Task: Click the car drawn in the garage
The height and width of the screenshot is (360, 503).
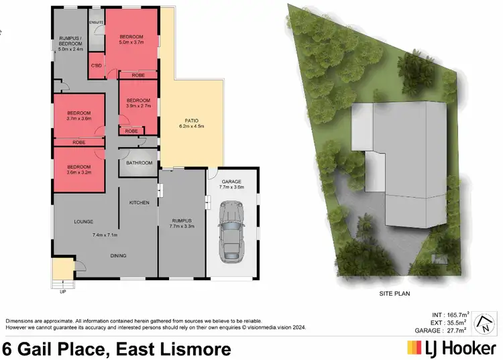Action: [231, 234]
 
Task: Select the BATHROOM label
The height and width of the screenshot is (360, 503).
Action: [139, 163]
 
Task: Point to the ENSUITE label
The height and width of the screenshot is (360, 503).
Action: [97, 22]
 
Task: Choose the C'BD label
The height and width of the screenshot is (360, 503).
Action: [97, 66]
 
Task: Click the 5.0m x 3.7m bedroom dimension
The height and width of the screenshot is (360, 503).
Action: [132, 43]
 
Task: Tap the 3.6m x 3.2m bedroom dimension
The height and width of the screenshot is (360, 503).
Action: [79, 173]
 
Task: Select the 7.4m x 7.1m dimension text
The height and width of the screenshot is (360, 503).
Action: [105, 235]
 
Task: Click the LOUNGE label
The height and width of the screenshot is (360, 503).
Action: [84, 221]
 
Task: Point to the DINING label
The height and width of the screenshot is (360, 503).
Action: [118, 255]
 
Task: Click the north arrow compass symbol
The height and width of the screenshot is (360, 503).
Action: [484, 325]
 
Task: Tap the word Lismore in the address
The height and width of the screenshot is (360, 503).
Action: [197, 349]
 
